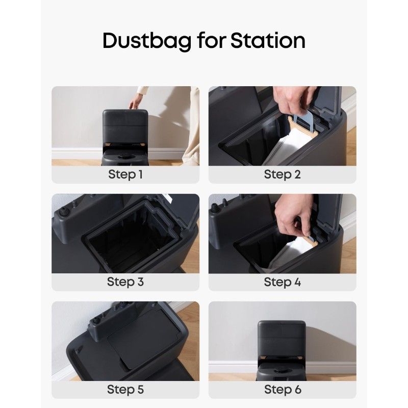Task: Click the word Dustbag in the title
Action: [147, 41]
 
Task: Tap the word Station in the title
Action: [268, 40]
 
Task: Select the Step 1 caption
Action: [125, 174]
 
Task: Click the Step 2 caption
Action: [283, 174]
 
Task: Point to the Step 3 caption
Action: [125, 282]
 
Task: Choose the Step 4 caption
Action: [283, 282]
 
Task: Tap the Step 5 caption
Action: [125, 390]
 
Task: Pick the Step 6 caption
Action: [283, 390]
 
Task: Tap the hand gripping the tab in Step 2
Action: [294, 100]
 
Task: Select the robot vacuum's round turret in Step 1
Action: [126, 157]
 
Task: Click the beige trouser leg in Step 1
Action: [191, 127]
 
